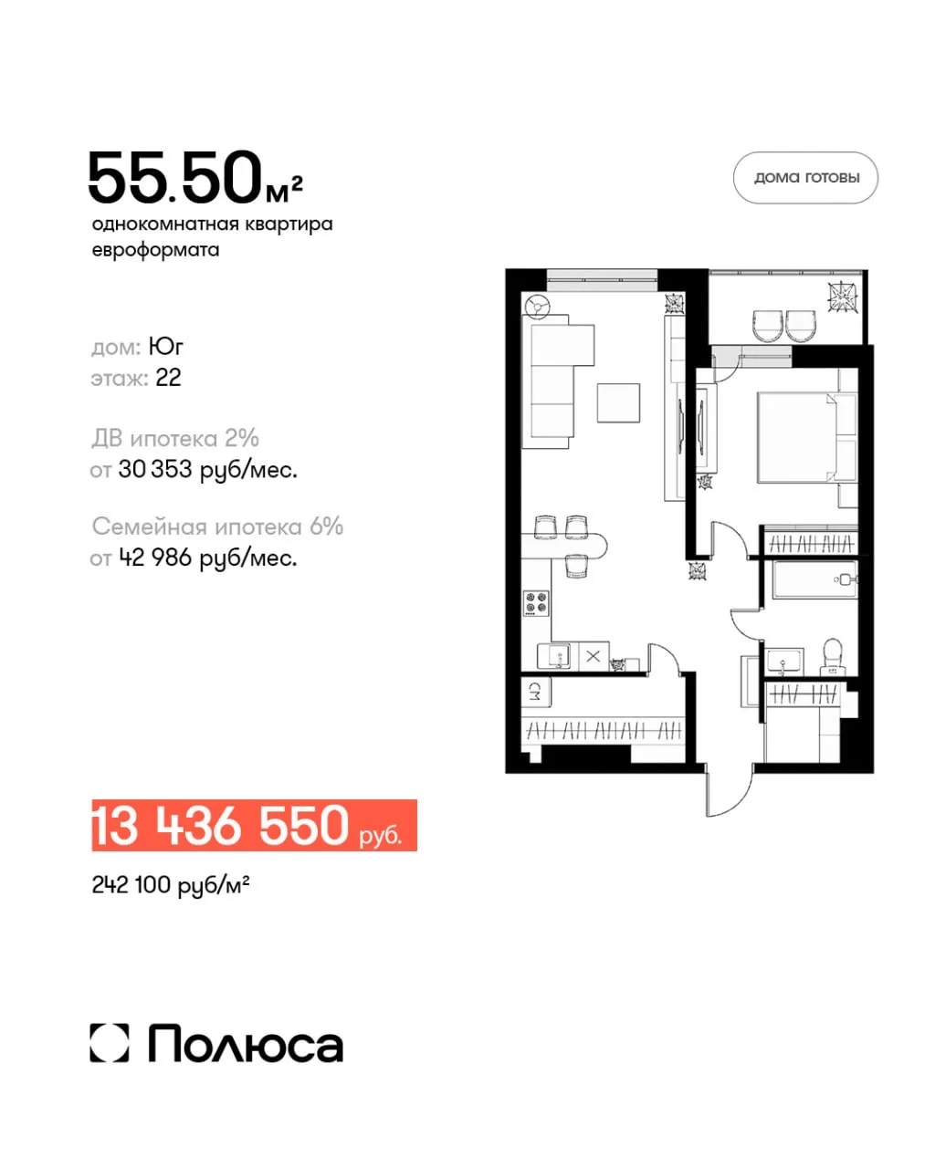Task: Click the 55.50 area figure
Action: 175,178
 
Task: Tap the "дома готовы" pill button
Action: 805,177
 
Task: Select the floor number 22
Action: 168,378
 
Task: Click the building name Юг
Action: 165,346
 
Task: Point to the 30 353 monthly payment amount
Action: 155,469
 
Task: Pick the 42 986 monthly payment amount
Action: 155,558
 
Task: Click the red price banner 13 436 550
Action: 254,824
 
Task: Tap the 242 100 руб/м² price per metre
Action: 171,885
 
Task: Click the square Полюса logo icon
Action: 110,1043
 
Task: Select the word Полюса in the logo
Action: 246,1043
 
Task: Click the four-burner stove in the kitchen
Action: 536,603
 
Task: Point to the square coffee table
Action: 618,402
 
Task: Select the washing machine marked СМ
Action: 535,692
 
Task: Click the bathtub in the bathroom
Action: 814,579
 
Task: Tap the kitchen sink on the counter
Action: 553,656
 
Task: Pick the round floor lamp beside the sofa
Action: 537,306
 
